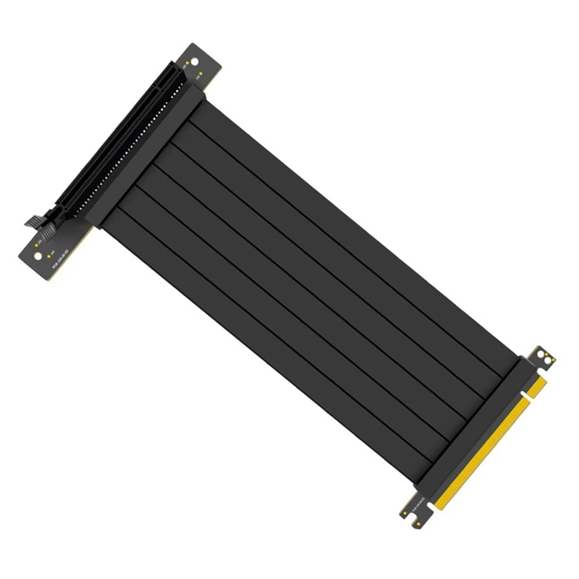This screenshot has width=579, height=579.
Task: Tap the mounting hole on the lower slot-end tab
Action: coord(38,256)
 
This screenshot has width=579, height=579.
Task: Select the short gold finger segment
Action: coord(537,388)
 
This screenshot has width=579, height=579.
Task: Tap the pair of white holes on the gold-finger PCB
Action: coord(544,358)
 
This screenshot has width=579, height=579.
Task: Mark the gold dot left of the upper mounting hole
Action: coord(187,63)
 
